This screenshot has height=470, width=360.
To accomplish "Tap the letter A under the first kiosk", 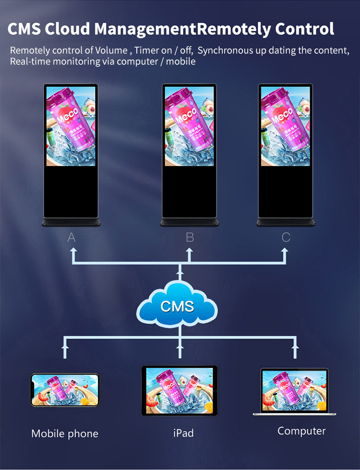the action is [x=72, y=237].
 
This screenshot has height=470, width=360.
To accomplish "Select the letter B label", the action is [x=190, y=237].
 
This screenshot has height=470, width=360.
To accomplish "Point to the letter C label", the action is [x=286, y=237].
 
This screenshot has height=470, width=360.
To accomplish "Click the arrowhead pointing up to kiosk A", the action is [x=73, y=251].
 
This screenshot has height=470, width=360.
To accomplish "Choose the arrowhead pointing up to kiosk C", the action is [x=285, y=251].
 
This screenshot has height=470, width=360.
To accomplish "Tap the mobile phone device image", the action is [x=65, y=390].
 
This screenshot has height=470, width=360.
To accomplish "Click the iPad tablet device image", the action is [x=180, y=390].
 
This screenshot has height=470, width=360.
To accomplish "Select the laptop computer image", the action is [x=294, y=391].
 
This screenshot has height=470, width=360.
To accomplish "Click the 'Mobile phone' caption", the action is [x=65, y=434].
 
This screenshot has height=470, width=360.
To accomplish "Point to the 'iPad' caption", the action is [x=183, y=433].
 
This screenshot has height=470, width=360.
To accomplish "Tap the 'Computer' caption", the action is [x=301, y=431].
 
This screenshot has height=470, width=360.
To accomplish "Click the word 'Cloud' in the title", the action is [x=68, y=29].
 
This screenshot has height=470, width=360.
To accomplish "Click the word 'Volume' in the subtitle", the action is [x=111, y=50].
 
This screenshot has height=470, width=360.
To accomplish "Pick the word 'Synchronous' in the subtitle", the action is [x=226, y=50].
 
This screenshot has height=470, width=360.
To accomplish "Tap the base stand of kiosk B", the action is [x=189, y=222].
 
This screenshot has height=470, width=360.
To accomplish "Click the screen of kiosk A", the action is [x=71, y=126].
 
